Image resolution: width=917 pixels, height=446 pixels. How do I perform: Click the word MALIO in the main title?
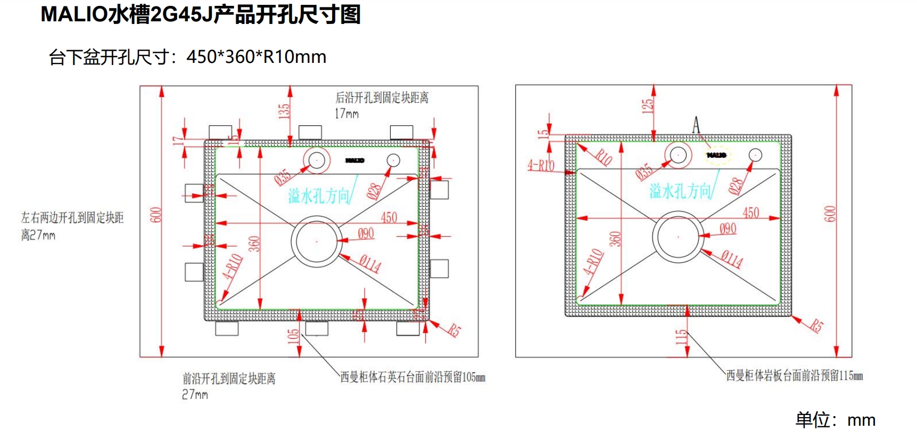[74, 14]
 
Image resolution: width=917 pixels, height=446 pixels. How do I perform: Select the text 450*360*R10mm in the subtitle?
[256, 56]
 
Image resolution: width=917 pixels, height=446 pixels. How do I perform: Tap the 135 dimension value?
[284, 110]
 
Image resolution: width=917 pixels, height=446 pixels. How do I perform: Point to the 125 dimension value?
[648, 106]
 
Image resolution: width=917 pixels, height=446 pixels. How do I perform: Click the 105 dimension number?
[293, 336]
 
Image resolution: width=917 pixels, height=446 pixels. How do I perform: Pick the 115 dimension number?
[681, 337]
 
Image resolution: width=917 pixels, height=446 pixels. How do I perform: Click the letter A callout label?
[696, 126]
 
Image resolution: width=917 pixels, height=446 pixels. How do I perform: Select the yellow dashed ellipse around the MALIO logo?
[716, 155]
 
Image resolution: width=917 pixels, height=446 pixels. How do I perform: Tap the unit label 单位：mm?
[835, 420]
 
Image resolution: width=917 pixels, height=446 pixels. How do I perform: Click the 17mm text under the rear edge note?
[346, 113]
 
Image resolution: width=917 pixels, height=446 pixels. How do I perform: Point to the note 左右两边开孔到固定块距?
[72, 217]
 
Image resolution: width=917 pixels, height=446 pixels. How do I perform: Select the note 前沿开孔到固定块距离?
[229, 378]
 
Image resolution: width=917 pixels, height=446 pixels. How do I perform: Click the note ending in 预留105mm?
[412, 377]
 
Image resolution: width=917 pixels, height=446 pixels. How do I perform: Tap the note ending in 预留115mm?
[794, 376]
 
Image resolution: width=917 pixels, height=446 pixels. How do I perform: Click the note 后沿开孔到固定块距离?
[382, 98]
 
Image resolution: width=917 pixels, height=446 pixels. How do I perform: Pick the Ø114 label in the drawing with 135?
[370, 263]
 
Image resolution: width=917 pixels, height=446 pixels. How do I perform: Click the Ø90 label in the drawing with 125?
[728, 229]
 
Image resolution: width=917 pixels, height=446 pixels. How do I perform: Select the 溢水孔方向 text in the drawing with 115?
[680, 191]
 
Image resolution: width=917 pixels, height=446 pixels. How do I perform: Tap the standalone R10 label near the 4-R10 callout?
[604, 157]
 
